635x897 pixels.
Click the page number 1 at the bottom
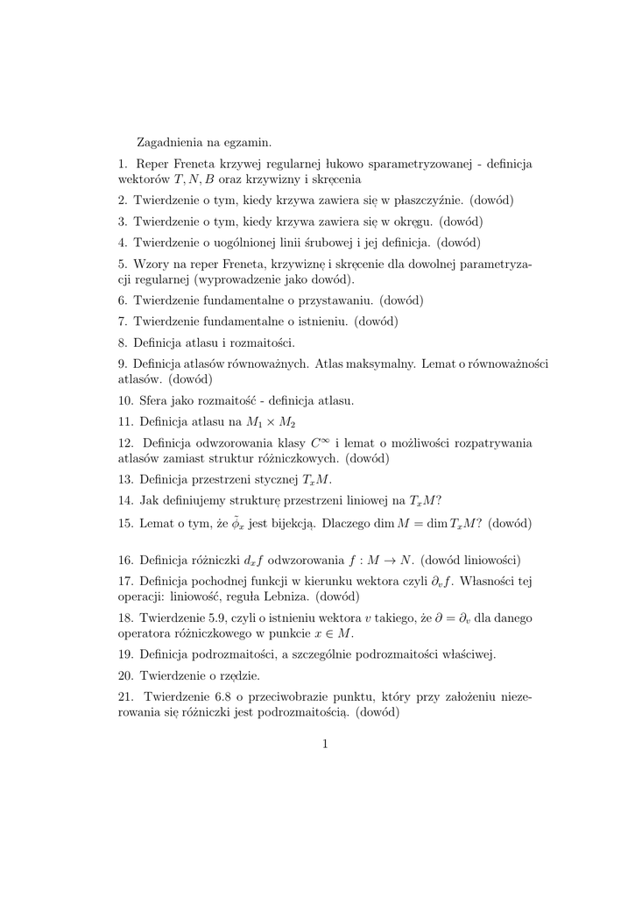click(324, 744)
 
